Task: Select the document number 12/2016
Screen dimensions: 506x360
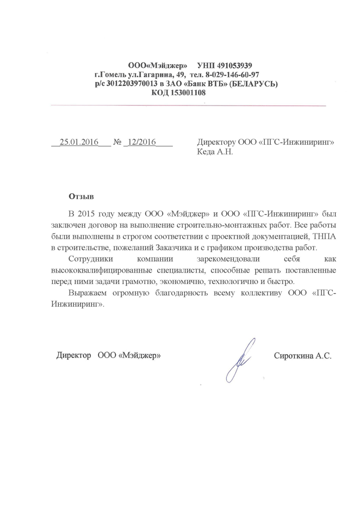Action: [140, 143]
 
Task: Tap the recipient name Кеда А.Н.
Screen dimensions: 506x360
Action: [215, 152]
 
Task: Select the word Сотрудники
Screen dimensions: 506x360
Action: [90, 259]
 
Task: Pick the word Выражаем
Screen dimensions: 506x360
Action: [89, 294]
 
